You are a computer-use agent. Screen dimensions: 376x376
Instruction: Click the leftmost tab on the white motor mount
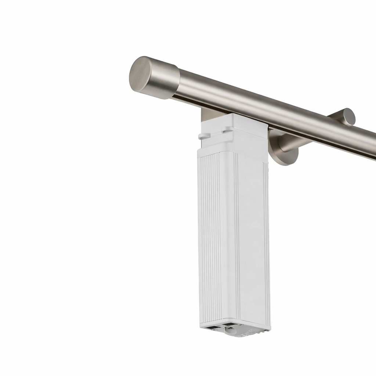202,136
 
